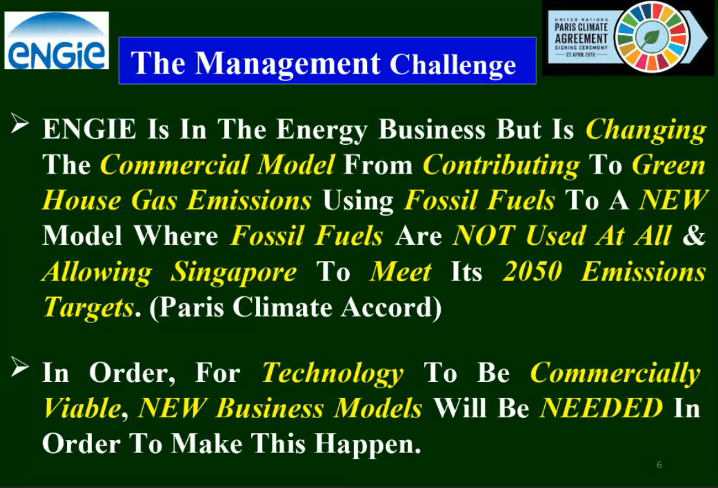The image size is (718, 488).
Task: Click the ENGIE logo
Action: point(56,41)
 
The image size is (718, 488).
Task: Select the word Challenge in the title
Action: point(452,64)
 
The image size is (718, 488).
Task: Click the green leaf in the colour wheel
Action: point(650,37)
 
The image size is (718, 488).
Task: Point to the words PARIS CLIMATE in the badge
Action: point(581,27)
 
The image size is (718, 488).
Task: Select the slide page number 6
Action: point(659,465)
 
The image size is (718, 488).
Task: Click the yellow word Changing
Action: point(646,130)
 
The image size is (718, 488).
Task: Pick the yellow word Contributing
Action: point(501,165)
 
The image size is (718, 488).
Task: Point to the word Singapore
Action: point(234,273)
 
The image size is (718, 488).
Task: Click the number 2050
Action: point(532,271)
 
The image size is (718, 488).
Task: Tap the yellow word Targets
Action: point(88,307)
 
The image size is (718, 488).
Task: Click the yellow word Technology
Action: point(333,373)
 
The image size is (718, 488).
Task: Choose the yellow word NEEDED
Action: point(601,408)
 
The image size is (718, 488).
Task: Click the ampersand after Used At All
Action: point(694,235)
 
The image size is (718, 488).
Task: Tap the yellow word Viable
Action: point(82,408)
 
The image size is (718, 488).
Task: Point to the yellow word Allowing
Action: point(96,273)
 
